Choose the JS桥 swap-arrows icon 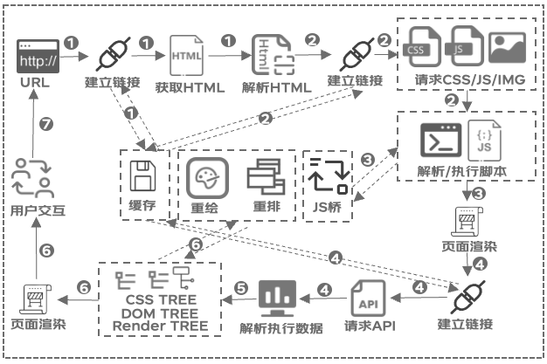pyautogui.click(x=329, y=176)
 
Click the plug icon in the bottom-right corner pyautogui.click(x=470, y=299)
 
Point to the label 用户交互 pyautogui.click(x=33, y=210)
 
